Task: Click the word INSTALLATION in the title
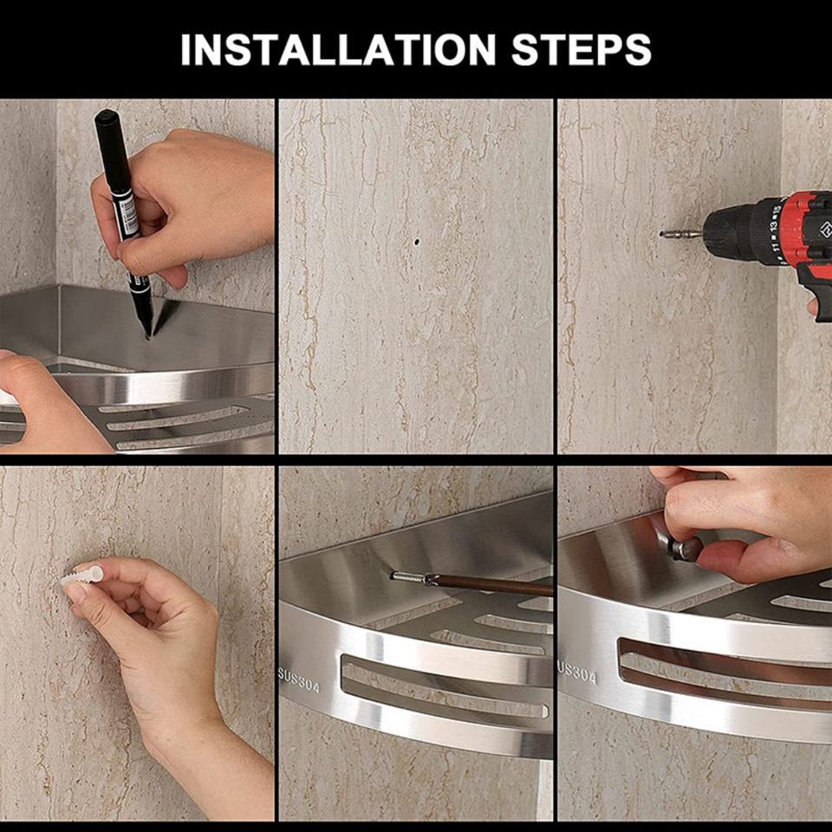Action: (337, 50)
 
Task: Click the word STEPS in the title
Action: (581, 50)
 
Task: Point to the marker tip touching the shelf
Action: (147, 335)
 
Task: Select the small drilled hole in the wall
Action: (417, 242)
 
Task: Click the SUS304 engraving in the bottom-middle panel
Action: (299, 679)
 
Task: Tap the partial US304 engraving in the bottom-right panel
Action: (577, 672)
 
